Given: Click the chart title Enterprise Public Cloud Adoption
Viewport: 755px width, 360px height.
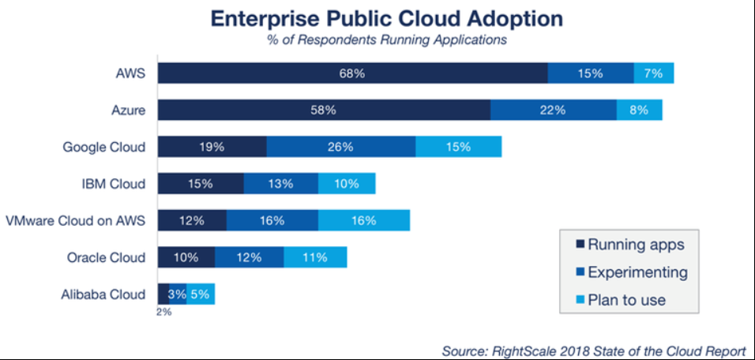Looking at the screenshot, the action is (387, 19).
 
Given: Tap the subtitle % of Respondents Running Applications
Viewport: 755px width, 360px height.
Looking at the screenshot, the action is (387, 40).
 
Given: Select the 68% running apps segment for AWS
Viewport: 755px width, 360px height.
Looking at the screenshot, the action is (353, 73).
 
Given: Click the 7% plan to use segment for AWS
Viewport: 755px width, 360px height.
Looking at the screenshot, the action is (653, 73).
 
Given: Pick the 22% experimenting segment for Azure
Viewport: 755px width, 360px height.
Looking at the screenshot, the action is (554, 110).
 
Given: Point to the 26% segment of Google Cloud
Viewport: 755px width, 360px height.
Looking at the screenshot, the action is (341, 147).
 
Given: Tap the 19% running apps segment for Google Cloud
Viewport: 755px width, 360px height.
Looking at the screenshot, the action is (212, 147).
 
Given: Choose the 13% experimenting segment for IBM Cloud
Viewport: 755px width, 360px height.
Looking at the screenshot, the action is (280, 184).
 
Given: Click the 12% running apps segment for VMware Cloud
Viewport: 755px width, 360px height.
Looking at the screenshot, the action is (192, 220).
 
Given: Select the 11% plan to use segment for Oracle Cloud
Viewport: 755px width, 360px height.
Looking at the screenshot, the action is (315, 257).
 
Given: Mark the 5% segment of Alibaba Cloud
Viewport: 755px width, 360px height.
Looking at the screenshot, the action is (201, 294).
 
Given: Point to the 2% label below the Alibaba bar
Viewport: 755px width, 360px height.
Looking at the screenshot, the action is (163, 313).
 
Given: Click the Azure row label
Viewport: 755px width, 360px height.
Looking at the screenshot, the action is (128, 111).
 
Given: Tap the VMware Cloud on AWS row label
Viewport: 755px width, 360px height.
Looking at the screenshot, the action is (76, 221).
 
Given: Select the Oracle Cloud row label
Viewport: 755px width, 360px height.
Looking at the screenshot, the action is (106, 257).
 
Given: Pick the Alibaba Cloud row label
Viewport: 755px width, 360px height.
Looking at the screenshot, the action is (103, 294).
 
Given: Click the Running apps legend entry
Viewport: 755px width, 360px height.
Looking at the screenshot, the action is (630, 245).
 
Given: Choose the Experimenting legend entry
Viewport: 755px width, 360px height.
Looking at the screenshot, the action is (632, 272).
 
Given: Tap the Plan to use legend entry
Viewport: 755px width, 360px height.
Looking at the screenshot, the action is (621, 300).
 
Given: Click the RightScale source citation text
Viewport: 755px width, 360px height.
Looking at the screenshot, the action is (594, 350).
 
